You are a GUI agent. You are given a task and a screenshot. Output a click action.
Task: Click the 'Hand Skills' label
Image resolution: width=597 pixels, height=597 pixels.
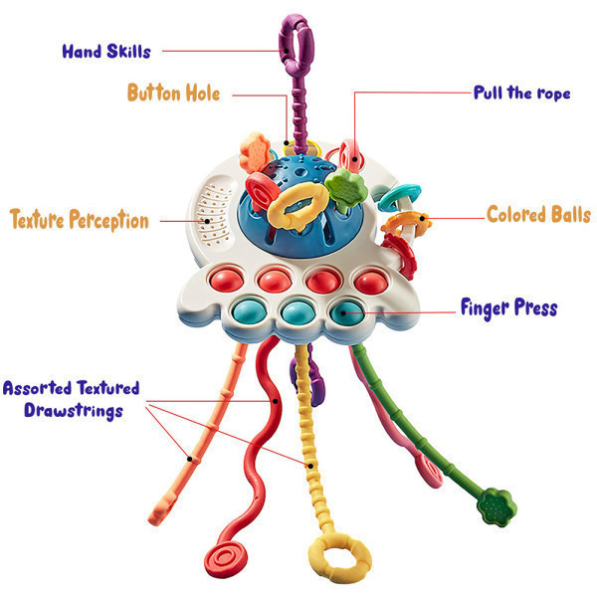tap(106, 52)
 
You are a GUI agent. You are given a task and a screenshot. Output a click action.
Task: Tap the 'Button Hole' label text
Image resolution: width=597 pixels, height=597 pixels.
tap(173, 93)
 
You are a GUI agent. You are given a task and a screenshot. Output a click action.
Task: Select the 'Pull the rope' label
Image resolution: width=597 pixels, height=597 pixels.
tap(522, 93)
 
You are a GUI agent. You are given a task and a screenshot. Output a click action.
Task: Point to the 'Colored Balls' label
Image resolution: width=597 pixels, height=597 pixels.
tap(538, 214)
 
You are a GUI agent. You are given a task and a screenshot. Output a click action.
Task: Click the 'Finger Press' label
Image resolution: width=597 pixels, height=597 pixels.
tap(509, 308)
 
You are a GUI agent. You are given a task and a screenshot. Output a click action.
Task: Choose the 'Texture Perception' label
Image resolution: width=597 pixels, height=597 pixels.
tap(80, 220)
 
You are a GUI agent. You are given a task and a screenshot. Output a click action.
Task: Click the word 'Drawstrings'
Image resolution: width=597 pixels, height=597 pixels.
tap(74, 410)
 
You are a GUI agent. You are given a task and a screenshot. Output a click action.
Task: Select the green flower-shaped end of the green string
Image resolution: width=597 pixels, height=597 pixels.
tap(497, 506)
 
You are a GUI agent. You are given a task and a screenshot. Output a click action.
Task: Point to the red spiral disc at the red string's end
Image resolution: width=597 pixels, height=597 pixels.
tap(226, 559)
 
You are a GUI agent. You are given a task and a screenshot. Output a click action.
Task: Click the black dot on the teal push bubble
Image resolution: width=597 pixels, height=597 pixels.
tap(343, 313)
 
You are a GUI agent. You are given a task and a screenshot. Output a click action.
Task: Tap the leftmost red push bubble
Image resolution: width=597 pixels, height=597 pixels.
tap(227, 280)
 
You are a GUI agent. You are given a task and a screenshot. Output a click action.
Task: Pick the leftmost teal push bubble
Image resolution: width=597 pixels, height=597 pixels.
tap(249, 310)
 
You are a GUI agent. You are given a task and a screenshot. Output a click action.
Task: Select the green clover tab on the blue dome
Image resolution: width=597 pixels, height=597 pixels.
tap(346, 188)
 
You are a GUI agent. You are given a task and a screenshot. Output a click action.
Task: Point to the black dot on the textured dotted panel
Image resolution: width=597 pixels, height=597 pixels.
tap(207, 221)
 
